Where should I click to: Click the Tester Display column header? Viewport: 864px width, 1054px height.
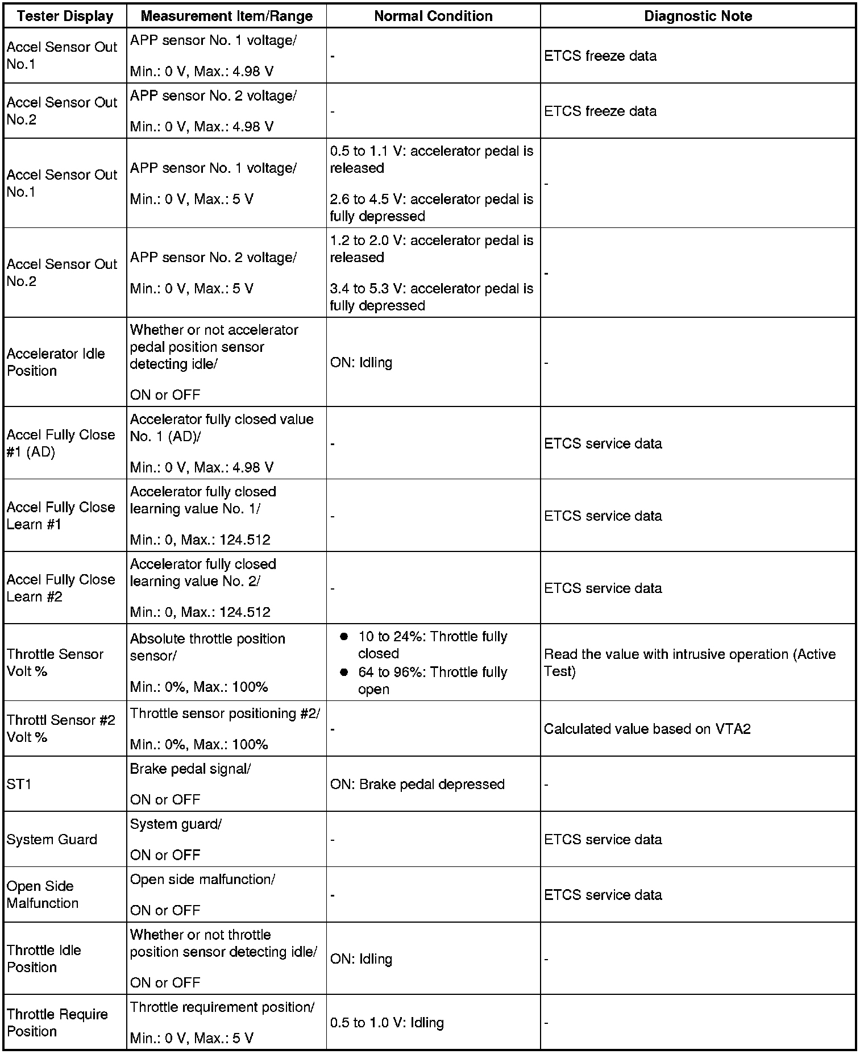click(65, 16)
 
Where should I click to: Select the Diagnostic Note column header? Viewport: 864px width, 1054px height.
click(697, 16)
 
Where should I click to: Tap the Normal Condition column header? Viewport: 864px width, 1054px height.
click(433, 16)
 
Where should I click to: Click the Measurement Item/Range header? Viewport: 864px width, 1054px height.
click(226, 16)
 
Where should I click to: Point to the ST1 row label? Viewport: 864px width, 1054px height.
click(19, 784)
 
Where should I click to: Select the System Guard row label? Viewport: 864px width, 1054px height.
click(52, 839)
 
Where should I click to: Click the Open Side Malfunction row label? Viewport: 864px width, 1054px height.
click(43, 894)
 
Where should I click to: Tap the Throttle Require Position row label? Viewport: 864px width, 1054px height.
click(57, 1023)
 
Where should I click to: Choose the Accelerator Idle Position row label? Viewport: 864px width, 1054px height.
click(56, 362)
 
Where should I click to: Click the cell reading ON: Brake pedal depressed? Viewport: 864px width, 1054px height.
click(417, 784)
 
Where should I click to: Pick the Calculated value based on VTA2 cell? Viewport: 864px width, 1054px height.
click(647, 729)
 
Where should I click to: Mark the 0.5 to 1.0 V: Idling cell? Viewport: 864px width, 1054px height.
click(387, 1023)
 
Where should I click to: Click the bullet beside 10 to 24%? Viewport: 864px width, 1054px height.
click(344, 637)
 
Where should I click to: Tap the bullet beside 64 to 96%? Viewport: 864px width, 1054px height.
click(344, 673)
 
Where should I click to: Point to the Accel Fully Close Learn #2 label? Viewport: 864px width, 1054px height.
click(61, 588)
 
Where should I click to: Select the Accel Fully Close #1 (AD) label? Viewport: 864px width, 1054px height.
click(61, 443)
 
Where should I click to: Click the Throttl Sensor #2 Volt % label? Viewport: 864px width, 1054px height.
click(61, 729)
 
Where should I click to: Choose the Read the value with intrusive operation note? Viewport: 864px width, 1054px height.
click(689, 663)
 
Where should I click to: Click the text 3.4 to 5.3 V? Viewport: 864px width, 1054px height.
click(367, 289)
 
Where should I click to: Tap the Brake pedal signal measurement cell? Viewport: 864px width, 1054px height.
click(190, 769)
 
